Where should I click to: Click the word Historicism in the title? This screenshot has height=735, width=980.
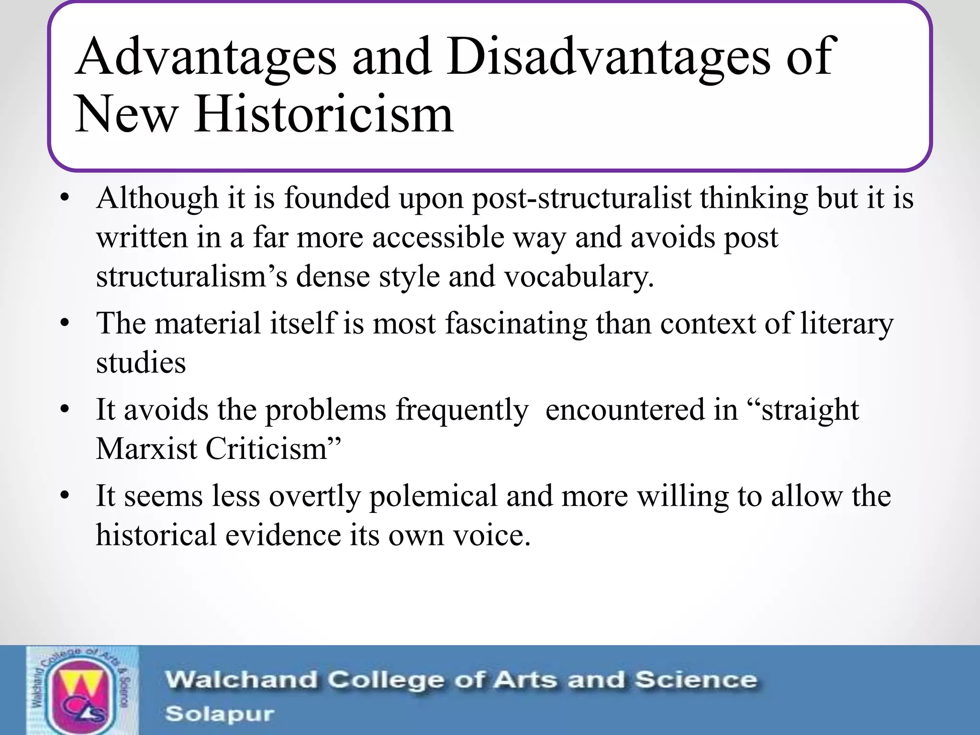click(323, 114)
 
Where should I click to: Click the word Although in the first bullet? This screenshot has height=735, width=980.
click(157, 198)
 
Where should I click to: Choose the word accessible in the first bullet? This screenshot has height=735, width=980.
click(438, 237)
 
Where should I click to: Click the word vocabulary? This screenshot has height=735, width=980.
click(579, 277)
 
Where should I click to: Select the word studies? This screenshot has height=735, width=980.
click(141, 363)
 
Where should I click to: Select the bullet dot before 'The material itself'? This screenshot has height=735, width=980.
click(66, 323)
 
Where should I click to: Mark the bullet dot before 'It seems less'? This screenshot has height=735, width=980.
click(66, 496)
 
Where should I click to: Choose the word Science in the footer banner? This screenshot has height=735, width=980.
click(696, 680)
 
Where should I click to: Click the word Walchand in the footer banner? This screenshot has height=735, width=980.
click(241, 680)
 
